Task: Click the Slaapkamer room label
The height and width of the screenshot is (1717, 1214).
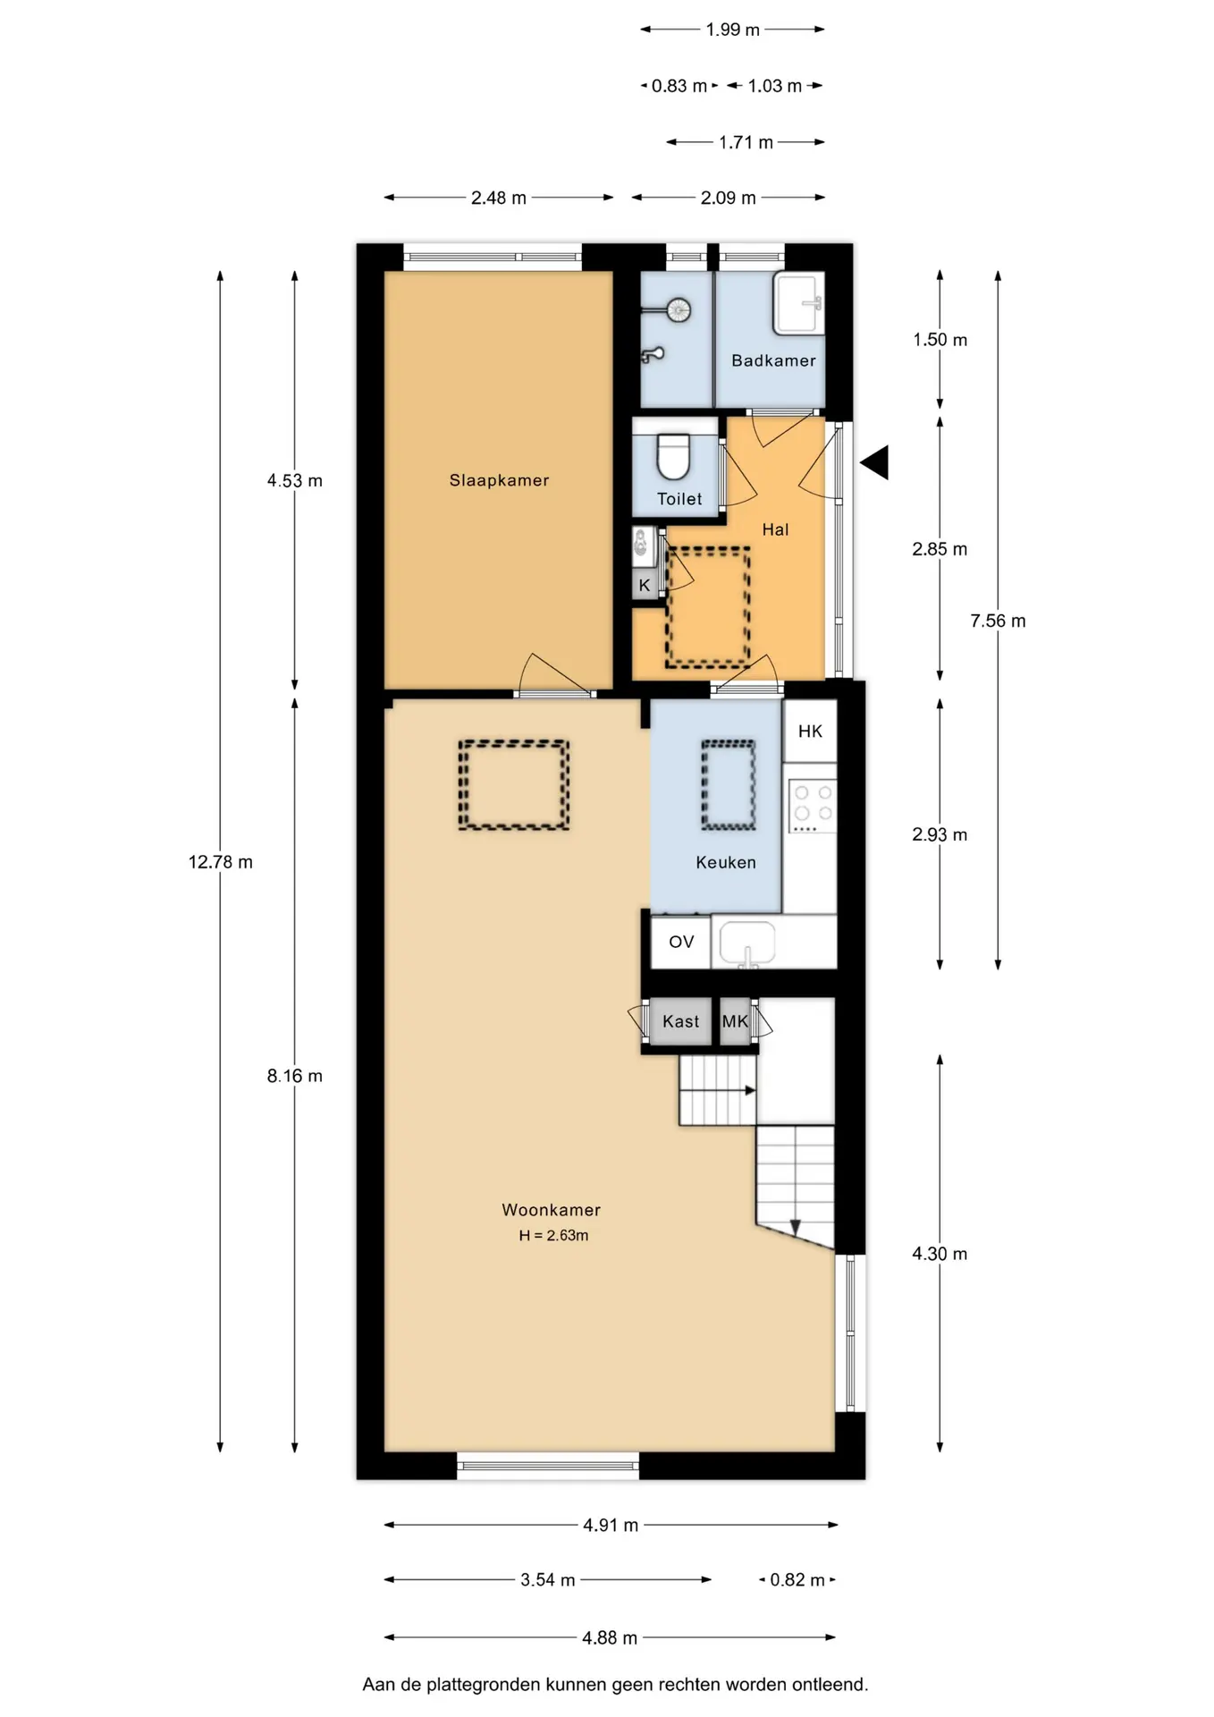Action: tap(499, 480)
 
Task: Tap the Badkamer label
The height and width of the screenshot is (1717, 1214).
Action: tap(773, 360)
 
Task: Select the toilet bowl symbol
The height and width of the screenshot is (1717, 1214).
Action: tap(673, 457)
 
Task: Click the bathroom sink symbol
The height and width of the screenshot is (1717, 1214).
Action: tap(798, 304)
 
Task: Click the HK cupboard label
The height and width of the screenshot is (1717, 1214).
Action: tap(810, 732)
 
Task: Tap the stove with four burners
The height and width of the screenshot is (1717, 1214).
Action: tap(812, 806)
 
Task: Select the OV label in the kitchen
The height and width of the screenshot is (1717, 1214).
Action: tap(681, 942)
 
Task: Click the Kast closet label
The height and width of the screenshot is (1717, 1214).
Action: tap(680, 1021)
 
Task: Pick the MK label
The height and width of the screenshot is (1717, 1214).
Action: tap(735, 1021)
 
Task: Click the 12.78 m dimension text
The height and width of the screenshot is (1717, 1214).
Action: tap(220, 862)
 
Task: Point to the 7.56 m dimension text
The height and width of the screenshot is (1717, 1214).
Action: tap(998, 621)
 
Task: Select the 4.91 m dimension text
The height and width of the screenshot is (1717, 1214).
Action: tap(611, 1525)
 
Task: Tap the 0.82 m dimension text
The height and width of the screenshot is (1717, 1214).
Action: tap(797, 1580)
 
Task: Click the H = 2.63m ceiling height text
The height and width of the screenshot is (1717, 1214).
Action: tap(553, 1235)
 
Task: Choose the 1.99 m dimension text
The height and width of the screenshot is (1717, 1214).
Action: tap(732, 30)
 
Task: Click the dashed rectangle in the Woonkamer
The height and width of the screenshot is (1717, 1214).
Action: tap(514, 741)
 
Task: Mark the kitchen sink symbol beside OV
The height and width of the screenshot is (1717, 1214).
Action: tap(747, 943)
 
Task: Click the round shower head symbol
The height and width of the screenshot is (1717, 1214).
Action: tap(679, 309)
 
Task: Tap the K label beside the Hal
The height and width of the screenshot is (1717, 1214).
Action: tap(644, 586)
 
